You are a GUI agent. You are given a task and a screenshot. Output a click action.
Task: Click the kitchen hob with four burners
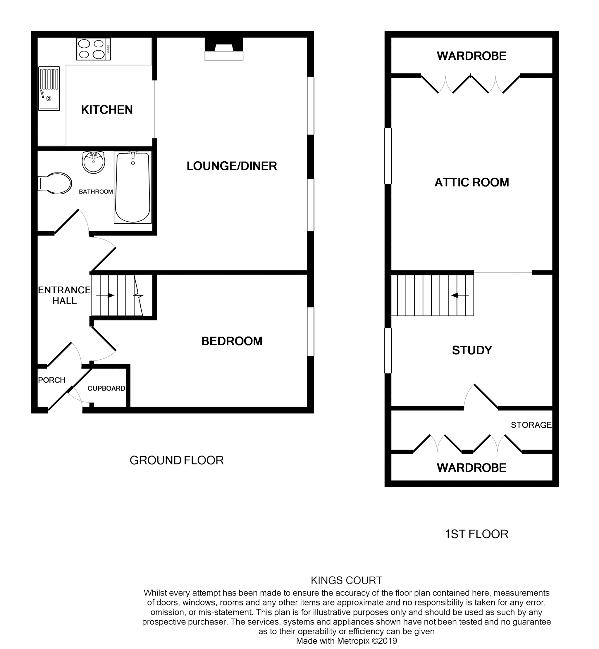[x=93, y=49]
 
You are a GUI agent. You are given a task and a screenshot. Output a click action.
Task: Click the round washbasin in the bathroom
[x=93, y=162]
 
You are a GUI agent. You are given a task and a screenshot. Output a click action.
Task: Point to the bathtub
[x=133, y=188]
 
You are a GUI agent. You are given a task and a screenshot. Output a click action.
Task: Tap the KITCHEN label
[x=107, y=110]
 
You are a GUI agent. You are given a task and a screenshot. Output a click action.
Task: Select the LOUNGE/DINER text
[x=231, y=166]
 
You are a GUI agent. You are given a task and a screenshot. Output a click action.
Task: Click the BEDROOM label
[x=232, y=341]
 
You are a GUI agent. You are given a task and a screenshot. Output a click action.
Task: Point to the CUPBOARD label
[x=106, y=388]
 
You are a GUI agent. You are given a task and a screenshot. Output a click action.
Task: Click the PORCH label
[x=51, y=380]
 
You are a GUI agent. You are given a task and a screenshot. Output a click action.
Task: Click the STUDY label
[x=472, y=350]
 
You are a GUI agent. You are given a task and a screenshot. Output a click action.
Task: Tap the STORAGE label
[x=531, y=425]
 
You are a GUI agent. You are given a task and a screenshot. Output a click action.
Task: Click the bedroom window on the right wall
[x=311, y=332]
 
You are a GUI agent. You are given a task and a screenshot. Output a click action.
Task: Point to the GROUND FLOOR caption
[x=176, y=460]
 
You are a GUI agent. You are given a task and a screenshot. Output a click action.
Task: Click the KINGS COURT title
[x=346, y=580]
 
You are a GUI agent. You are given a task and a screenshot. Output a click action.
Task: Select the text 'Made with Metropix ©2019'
[x=346, y=641]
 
